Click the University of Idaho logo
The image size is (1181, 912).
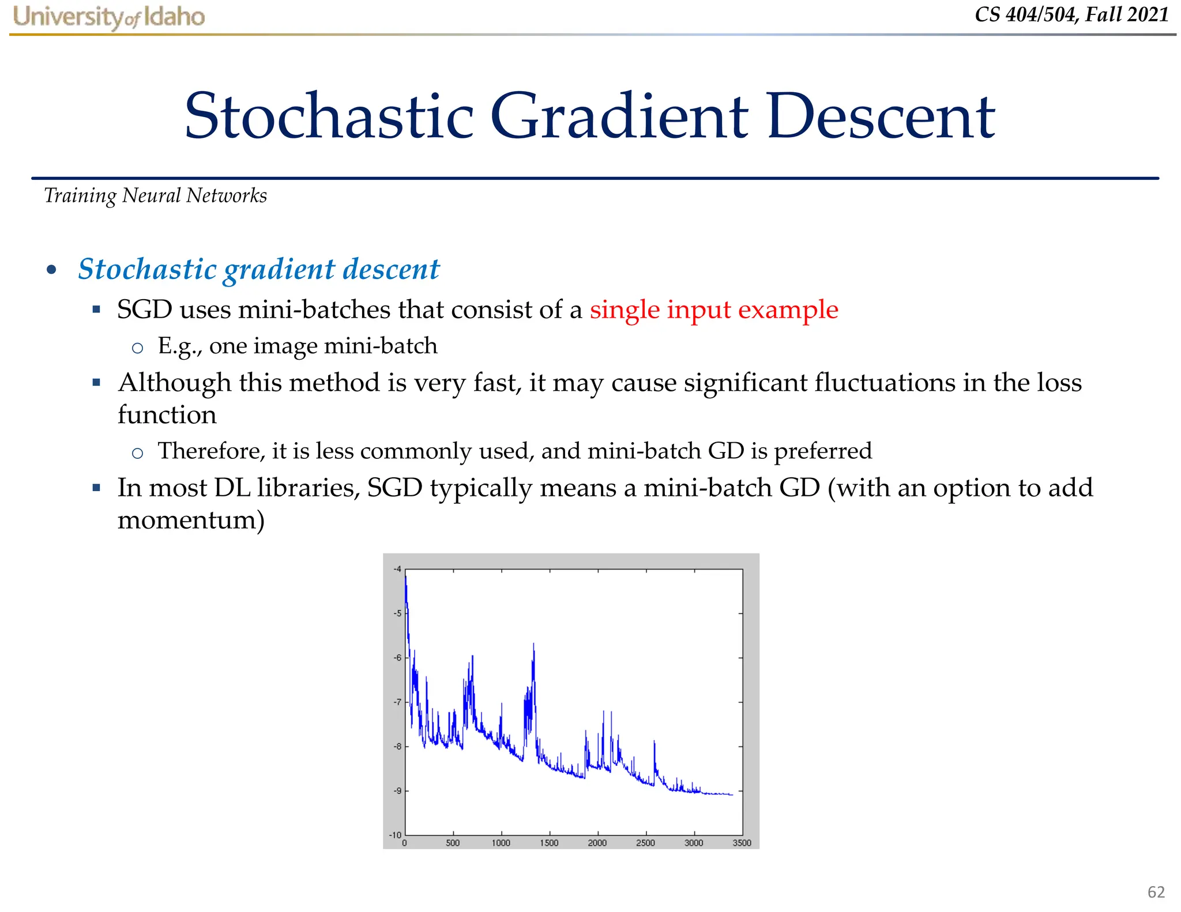point(108,17)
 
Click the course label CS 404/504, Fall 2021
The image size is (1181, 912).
point(1071,14)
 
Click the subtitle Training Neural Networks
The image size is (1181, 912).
point(156,196)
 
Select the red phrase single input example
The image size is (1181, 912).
point(713,310)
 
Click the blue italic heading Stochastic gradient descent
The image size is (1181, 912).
point(259,269)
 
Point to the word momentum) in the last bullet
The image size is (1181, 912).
point(191,520)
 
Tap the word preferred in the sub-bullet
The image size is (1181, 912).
point(822,451)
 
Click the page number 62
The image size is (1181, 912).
point(1156,892)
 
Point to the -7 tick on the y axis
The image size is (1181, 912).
point(397,702)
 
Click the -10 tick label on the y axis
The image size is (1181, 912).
point(395,835)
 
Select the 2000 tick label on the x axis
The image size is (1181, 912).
point(597,843)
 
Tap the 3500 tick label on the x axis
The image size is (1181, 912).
point(742,843)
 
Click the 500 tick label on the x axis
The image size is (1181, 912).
point(453,843)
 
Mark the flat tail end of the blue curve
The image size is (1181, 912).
point(724,794)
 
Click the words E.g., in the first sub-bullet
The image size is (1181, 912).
point(179,346)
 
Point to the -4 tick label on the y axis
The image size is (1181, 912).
point(397,570)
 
